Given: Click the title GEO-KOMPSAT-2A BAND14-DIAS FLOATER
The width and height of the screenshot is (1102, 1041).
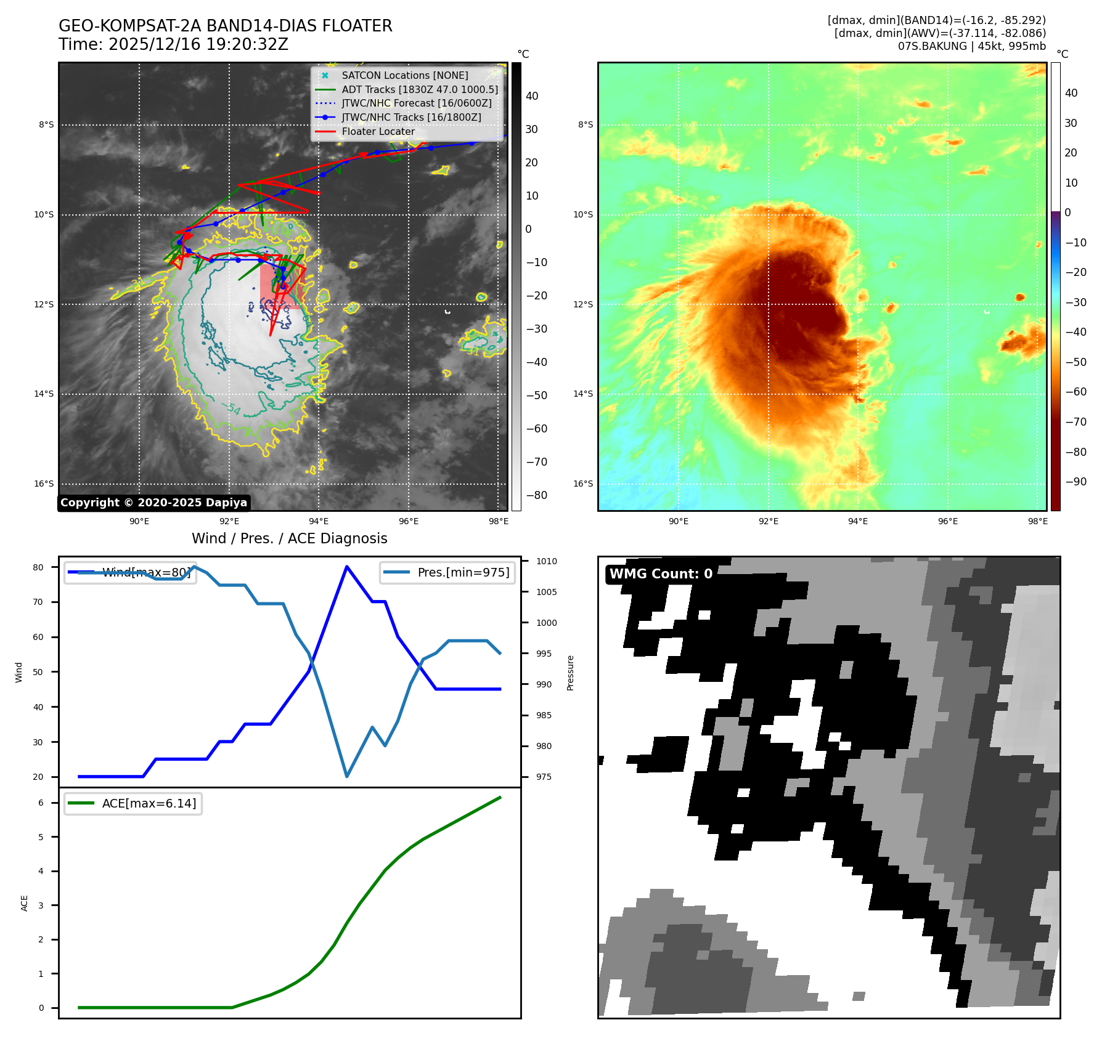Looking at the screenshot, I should click(225, 26).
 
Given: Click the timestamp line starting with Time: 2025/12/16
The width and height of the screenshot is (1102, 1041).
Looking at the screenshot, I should click(173, 45).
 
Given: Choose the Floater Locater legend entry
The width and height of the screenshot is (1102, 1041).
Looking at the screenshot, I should click(378, 131).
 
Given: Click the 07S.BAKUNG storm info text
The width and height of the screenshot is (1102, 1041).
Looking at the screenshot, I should click(971, 46).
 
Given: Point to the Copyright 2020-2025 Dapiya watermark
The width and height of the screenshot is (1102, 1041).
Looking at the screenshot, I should click(153, 503).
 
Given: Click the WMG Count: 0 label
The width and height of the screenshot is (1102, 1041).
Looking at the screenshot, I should click(661, 574).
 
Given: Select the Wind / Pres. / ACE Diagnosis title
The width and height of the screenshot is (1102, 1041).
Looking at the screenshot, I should click(289, 538).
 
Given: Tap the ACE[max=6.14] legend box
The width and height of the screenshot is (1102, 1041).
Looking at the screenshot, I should click(133, 803).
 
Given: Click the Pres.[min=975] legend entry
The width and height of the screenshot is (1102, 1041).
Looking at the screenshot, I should click(447, 572).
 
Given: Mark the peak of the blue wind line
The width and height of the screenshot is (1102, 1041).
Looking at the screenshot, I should click(347, 567).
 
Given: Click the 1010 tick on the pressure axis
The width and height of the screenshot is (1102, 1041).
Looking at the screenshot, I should click(546, 561).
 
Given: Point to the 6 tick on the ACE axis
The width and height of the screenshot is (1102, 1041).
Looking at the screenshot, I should click(41, 803).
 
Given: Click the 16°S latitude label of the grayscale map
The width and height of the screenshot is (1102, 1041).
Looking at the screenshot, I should click(44, 484).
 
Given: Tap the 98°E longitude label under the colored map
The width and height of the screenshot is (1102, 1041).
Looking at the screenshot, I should click(1037, 521).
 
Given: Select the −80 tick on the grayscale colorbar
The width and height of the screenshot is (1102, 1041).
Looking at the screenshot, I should click(536, 495).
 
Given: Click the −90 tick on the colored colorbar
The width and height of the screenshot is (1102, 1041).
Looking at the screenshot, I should click(1075, 482).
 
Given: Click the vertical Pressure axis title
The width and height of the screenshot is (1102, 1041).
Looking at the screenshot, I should click(570, 673).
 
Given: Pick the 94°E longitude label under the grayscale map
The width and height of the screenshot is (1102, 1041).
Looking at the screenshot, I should click(319, 521).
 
